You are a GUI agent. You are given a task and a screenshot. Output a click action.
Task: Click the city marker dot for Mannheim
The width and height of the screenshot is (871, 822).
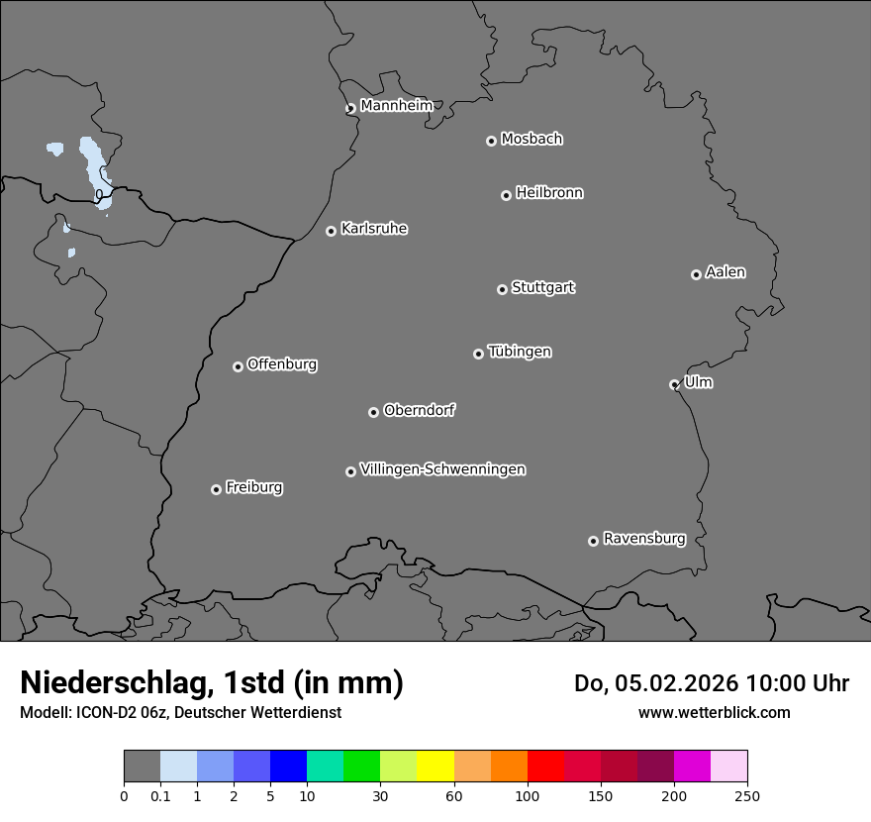[350, 109]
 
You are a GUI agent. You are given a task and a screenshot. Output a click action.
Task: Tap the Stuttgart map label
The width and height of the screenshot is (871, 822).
[542, 288]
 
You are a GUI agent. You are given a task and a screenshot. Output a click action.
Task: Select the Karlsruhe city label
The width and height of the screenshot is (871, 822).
[373, 229]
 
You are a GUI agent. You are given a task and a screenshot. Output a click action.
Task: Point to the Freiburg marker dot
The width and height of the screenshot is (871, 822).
[216, 489]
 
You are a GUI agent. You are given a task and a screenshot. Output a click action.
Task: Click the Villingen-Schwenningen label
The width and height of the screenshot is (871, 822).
[442, 469]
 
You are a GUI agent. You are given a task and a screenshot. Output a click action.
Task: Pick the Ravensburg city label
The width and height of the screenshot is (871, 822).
[643, 539]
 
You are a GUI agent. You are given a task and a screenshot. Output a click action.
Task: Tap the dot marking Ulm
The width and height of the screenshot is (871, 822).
[674, 384]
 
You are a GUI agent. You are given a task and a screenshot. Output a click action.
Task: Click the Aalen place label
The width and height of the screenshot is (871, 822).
[726, 272]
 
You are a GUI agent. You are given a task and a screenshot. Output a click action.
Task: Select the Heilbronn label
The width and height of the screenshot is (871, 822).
[549, 193]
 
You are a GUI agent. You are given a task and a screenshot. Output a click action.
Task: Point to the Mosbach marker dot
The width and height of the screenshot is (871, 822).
[491, 141]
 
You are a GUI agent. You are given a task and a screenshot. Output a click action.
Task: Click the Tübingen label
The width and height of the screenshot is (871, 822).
[519, 352]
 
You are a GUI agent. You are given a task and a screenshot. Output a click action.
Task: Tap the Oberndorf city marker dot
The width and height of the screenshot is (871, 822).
[373, 412]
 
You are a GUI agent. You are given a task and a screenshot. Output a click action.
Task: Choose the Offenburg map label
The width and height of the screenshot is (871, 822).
[281, 364]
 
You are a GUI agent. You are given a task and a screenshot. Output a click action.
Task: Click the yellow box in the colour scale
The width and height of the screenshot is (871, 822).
[435, 767]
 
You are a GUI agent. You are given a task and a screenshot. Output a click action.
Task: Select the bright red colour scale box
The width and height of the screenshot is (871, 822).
[545, 767]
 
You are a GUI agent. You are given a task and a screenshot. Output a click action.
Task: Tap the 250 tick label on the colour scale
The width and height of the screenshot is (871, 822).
[746, 795]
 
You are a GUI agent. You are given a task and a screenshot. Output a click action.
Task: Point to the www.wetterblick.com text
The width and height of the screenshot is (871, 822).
[714, 712]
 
